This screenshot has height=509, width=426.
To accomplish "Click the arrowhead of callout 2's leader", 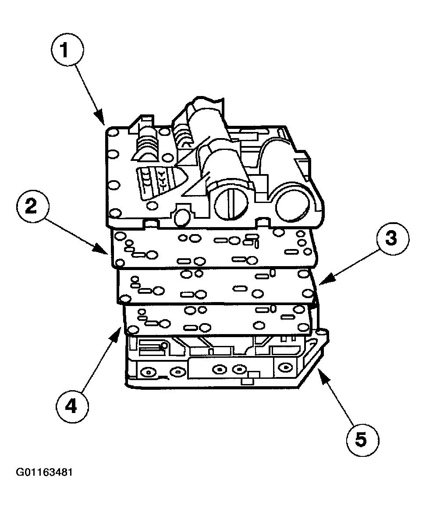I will click(107, 254).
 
